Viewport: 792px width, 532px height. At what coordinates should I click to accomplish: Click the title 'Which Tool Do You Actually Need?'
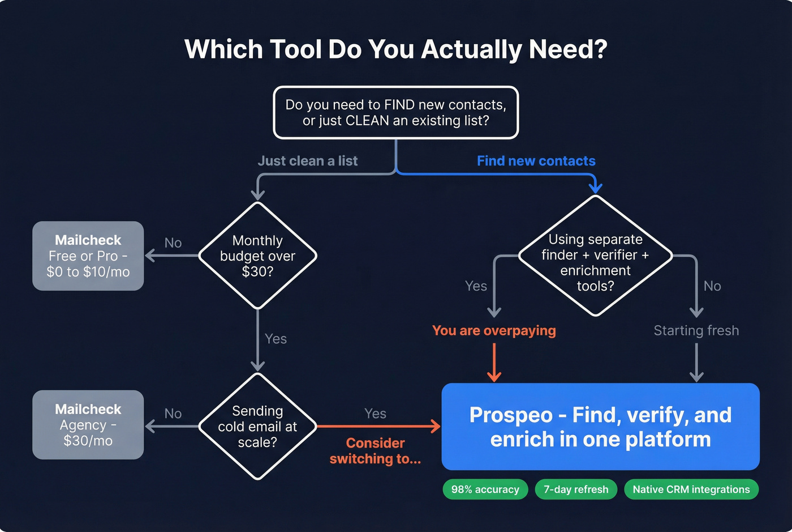coord(395,49)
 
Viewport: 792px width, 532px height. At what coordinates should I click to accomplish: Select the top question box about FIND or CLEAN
coord(395,112)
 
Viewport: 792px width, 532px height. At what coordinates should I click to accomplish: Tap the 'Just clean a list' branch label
coord(307,161)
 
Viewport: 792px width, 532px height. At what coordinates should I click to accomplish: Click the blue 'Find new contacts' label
coord(536,161)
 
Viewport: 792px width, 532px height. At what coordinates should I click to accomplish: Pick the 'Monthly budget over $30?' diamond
coord(257,256)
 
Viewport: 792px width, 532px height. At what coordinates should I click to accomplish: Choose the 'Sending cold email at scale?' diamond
coord(257,426)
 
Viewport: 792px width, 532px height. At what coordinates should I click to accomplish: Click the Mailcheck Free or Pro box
coord(88,256)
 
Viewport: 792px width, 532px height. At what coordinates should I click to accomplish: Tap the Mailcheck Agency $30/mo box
coord(88,425)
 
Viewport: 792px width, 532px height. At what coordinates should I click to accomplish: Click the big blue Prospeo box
coord(600,427)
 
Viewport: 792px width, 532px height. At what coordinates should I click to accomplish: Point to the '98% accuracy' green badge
coord(485,490)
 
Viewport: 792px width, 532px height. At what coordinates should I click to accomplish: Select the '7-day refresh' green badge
coord(576,490)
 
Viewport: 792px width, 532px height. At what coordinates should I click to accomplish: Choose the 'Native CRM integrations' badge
coord(691,490)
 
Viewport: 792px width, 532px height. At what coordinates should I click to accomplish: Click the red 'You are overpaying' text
coord(494,330)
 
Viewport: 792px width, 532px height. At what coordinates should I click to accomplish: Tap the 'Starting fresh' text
coord(696,330)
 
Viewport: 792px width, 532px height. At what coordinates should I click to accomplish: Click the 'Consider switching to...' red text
coord(375,451)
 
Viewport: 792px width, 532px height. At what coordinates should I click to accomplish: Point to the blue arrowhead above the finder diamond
coord(595,188)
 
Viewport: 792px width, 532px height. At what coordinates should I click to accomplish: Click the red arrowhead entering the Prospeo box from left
coord(436,426)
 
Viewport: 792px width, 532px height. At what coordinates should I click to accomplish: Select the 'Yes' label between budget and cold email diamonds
coord(276,339)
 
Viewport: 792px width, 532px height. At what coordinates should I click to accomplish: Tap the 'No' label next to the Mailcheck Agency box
coord(173,414)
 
